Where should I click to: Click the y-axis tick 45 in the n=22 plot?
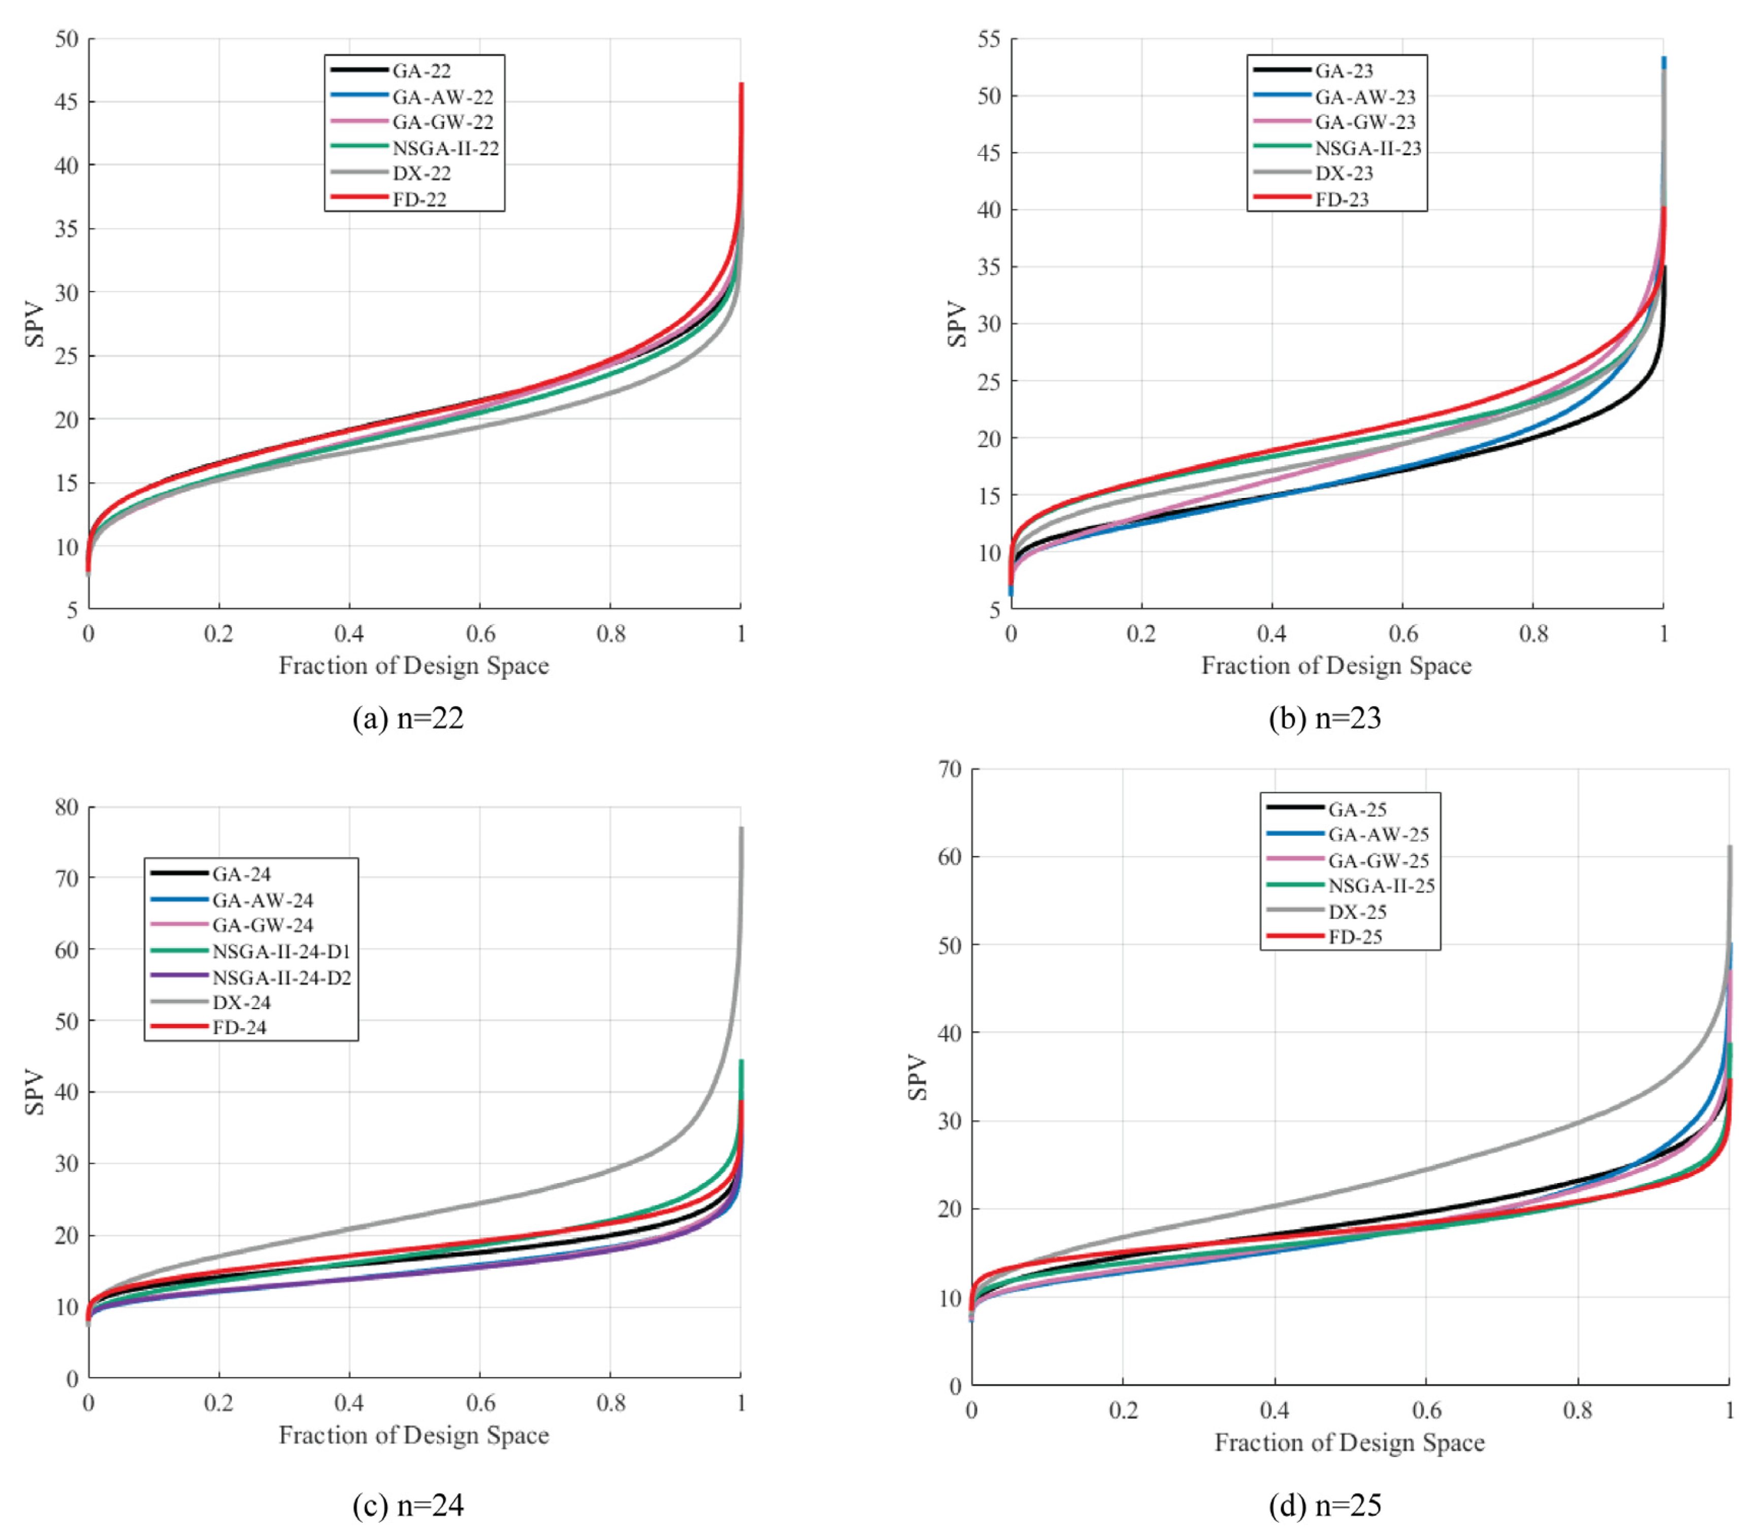click(66, 102)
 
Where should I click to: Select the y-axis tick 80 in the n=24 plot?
click(66, 807)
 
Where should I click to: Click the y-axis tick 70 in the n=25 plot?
click(950, 769)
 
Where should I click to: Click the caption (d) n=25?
click(1324, 1505)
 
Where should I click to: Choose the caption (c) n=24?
click(408, 1505)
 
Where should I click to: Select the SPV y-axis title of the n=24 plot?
click(35, 1092)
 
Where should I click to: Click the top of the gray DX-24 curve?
click(741, 829)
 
